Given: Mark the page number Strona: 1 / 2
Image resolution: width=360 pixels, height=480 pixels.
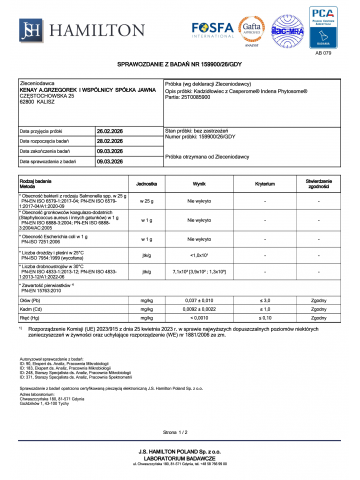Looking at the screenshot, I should click(180, 431).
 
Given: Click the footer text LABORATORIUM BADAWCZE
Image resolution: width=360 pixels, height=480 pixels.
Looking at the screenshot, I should click(180, 459).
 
